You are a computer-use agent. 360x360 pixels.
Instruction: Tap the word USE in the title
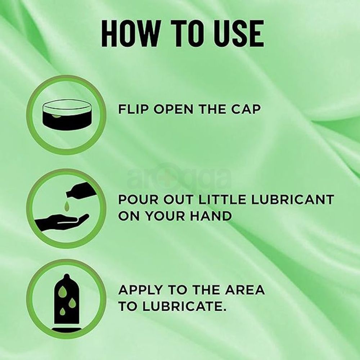coord(239,33)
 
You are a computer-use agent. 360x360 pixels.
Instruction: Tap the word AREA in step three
coord(244,289)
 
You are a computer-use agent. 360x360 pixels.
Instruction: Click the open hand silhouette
coord(62,221)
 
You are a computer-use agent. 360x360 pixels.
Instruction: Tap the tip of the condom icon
coord(66,275)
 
